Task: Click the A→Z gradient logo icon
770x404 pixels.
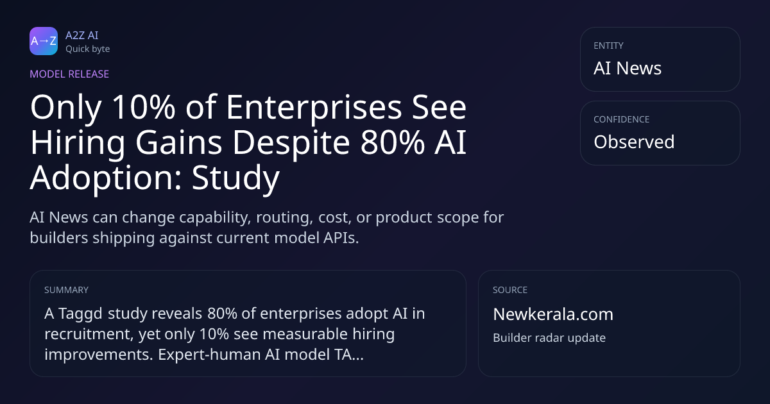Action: tap(44, 41)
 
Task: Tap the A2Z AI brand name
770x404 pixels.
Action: tap(82, 35)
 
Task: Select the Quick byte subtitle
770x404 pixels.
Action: tap(88, 49)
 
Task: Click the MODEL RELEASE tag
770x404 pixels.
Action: tap(69, 74)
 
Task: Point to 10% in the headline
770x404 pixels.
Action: tap(144, 107)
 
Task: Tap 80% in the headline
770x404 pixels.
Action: tap(392, 142)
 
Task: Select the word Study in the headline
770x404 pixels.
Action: tap(235, 179)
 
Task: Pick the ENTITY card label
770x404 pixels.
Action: tap(608, 46)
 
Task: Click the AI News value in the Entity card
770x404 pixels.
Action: tap(628, 68)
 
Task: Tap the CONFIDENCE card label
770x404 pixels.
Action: tap(622, 119)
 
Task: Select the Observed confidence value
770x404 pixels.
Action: tap(634, 142)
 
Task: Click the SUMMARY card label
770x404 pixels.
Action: tap(66, 290)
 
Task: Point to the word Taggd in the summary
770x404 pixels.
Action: tap(80, 314)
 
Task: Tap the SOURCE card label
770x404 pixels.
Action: tap(510, 290)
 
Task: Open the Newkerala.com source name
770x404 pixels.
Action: tap(553, 314)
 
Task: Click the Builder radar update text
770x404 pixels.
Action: tap(549, 338)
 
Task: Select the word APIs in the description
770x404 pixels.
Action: tap(341, 238)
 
